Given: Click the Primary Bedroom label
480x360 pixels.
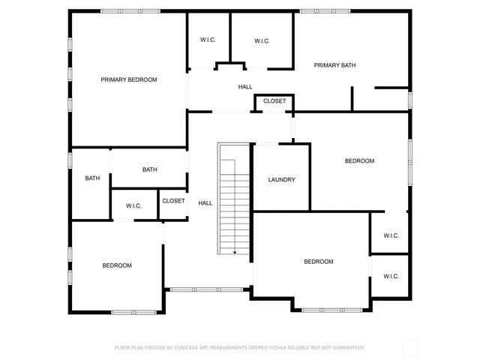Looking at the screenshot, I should [129, 79].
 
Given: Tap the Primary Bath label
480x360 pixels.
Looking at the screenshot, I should [334, 65].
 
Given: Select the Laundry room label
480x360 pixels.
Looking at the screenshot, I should [281, 180].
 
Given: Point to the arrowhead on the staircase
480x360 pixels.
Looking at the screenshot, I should [235, 253].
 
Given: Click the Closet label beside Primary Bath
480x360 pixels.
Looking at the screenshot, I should [274, 100].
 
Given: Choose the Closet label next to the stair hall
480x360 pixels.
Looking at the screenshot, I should [173, 201].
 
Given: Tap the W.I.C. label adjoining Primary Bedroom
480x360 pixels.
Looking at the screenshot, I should [208, 40].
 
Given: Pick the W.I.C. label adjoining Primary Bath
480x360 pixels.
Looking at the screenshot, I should [262, 40].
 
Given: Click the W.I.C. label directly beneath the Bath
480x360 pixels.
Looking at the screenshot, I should [133, 206].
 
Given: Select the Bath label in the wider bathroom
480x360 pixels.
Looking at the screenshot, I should [149, 169].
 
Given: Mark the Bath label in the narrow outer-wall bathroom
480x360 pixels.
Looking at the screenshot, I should [92, 178].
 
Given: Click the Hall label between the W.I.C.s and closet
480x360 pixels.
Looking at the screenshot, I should [245, 88].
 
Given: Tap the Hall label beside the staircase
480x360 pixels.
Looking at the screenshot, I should [205, 203].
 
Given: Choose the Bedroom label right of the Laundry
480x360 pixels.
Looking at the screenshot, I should [359, 161].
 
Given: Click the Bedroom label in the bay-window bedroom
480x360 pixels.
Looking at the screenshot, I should [318, 262].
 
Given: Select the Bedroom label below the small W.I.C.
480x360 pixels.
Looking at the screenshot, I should [117, 265].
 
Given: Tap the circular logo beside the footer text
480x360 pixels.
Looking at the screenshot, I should [410, 348].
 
